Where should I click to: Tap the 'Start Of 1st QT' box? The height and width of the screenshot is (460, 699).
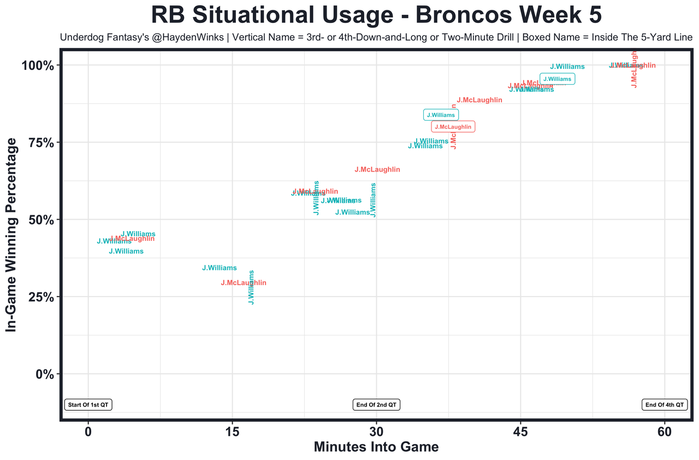pyautogui.click(x=88, y=405)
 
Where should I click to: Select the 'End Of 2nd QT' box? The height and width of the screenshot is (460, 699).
pyautogui.click(x=377, y=405)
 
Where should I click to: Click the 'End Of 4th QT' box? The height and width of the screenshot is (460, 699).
pyautogui.click(x=665, y=405)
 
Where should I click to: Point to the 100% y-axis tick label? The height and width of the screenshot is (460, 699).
pyautogui.click(x=38, y=66)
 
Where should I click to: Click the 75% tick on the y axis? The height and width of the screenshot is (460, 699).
pyautogui.click(x=41, y=143)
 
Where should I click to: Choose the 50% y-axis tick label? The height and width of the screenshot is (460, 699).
pyautogui.click(x=41, y=220)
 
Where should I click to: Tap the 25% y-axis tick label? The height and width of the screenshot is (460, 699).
pyautogui.click(x=41, y=297)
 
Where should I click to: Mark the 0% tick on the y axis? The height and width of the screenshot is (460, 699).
pyautogui.click(x=45, y=374)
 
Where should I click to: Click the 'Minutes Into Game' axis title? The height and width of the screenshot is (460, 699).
pyautogui.click(x=376, y=447)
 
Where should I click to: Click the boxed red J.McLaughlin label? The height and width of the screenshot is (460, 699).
pyautogui.click(x=453, y=127)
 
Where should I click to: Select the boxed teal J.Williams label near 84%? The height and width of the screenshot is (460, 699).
pyautogui.click(x=441, y=115)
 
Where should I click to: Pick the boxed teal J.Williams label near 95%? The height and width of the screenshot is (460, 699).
pyautogui.click(x=557, y=79)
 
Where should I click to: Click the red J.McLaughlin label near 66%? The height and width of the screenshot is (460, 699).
pyautogui.click(x=377, y=170)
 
